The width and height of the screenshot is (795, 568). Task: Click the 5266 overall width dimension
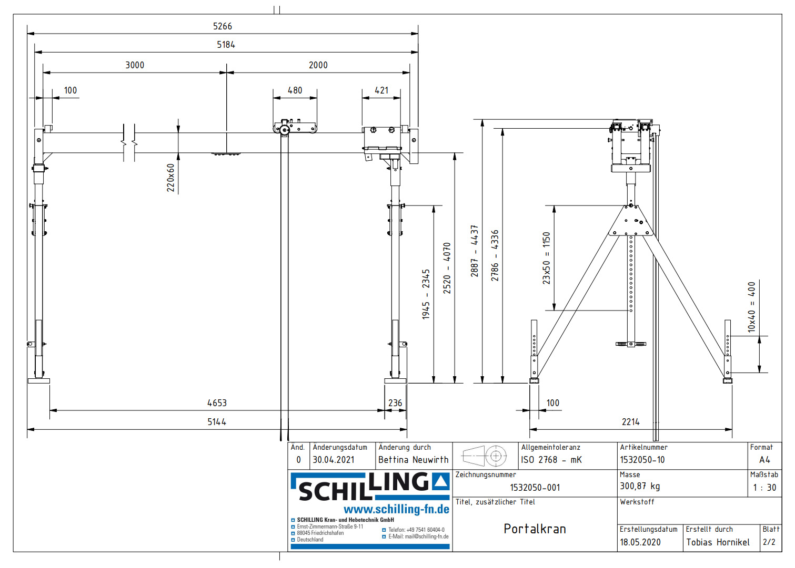(x=222, y=26)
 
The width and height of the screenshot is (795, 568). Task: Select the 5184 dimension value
(x=226, y=45)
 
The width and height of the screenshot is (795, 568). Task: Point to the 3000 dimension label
(x=135, y=65)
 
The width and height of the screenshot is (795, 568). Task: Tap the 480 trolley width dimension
(x=295, y=90)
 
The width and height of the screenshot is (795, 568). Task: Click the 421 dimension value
(x=381, y=90)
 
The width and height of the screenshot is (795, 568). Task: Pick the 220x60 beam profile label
(x=170, y=178)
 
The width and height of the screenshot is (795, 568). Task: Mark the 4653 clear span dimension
(x=217, y=403)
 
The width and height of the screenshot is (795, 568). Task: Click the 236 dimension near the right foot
(x=395, y=403)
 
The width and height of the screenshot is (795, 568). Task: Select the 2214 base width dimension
(x=630, y=422)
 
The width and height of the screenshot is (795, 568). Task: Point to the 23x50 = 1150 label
(x=546, y=258)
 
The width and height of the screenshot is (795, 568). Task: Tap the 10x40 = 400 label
(x=751, y=307)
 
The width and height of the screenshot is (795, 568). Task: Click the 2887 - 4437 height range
(x=475, y=251)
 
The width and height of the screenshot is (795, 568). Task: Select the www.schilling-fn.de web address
(x=396, y=509)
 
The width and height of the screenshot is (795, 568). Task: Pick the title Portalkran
(x=535, y=529)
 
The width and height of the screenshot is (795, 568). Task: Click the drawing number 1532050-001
(x=535, y=488)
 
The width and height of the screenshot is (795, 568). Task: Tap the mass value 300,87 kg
(x=640, y=487)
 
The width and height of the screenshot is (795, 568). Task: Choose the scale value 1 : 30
(x=764, y=488)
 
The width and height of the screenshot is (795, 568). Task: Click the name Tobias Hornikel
(x=718, y=542)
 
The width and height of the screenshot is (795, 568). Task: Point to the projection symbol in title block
(x=484, y=456)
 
